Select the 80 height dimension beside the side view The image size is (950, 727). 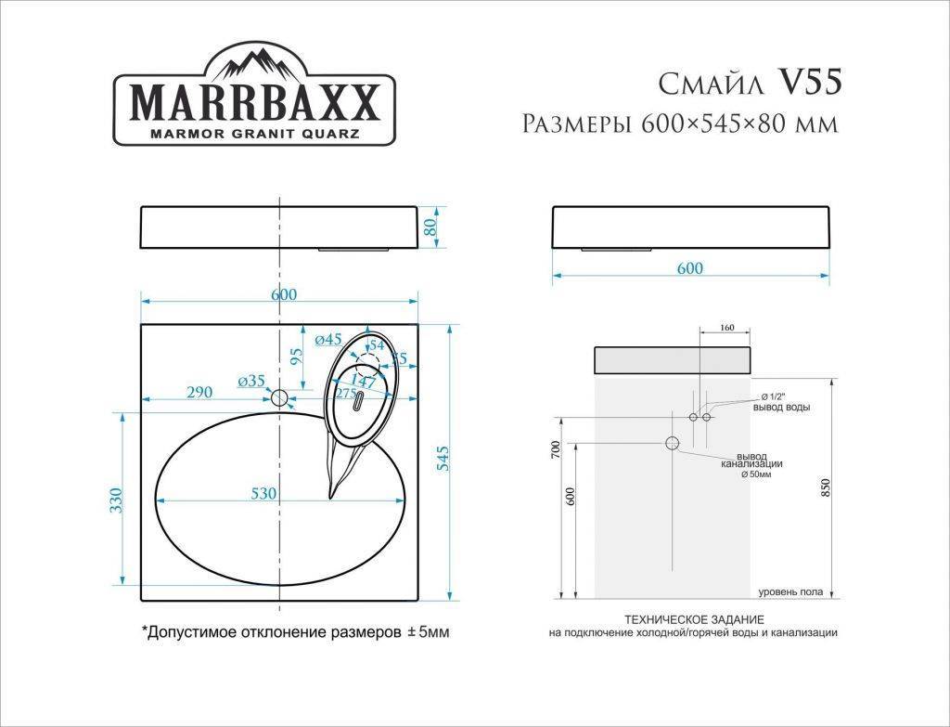(x=430, y=227)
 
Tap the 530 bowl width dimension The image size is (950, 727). (x=263, y=494)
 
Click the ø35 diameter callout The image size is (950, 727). (x=251, y=381)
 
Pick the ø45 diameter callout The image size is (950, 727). (x=328, y=340)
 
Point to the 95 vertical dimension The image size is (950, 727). (x=296, y=357)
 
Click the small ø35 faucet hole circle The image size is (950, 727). (x=279, y=398)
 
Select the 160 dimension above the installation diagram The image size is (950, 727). (x=726, y=328)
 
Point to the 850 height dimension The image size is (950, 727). (x=826, y=489)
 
